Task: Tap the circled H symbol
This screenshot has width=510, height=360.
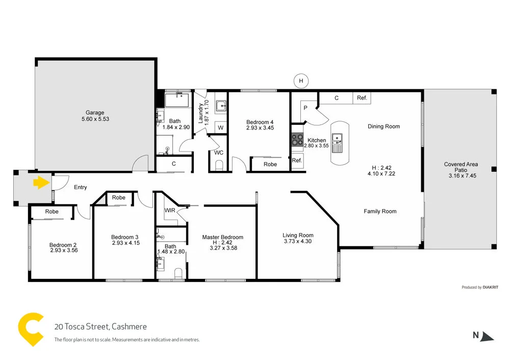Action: (x=301, y=81)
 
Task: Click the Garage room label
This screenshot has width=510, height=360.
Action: (x=95, y=113)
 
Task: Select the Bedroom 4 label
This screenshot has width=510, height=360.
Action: (x=260, y=122)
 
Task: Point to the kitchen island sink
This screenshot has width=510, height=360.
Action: (x=337, y=138)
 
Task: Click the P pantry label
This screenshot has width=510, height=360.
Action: (x=305, y=108)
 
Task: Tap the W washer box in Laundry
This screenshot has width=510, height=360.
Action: (x=220, y=127)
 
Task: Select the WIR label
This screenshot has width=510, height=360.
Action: (x=170, y=210)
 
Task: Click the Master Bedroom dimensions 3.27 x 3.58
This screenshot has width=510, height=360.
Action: (x=222, y=248)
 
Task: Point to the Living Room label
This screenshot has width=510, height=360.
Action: (x=298, y=235)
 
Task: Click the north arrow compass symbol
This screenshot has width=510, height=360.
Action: (x=488, y=336)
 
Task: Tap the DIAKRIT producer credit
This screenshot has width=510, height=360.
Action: (x=489, y=287)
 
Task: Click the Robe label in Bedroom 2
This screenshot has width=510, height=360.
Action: (x=52, y=211)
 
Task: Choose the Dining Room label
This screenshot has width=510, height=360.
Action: (x=384, y=126)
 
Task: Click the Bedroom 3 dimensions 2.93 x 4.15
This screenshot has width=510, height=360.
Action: (x=125, y=243)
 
